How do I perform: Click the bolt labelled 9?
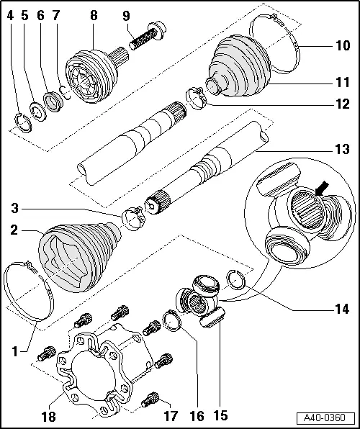147,36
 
